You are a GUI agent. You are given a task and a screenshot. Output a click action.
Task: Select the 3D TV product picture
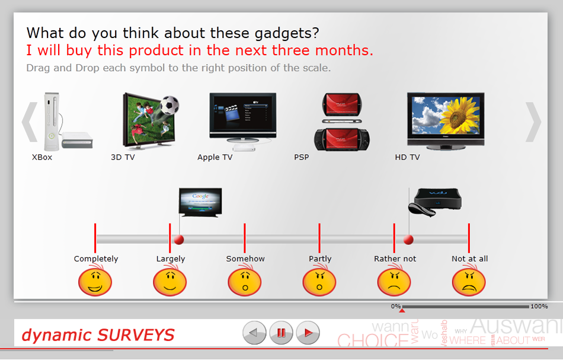(145, 122)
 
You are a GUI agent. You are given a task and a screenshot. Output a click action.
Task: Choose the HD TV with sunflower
(446, 119)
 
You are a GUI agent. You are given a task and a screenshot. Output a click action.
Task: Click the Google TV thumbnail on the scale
(200, 203)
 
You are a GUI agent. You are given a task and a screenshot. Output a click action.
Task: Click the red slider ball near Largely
(178, 240)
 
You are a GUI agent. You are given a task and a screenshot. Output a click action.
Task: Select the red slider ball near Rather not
(408, 240)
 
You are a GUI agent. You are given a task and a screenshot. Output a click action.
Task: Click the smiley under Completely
(95, 281)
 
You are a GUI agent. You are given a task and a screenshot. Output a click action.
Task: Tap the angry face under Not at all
(469, 281)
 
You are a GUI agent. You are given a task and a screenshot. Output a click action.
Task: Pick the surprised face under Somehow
(245, 281)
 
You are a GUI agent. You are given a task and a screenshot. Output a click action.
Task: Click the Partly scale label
(320, 259)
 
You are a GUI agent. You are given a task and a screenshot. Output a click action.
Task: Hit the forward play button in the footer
(308, 333)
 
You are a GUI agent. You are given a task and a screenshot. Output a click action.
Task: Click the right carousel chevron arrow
(533, 122)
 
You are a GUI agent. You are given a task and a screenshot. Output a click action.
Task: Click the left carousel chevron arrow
(30, 122)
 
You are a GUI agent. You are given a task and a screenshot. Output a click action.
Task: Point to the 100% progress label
(539, 307)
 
